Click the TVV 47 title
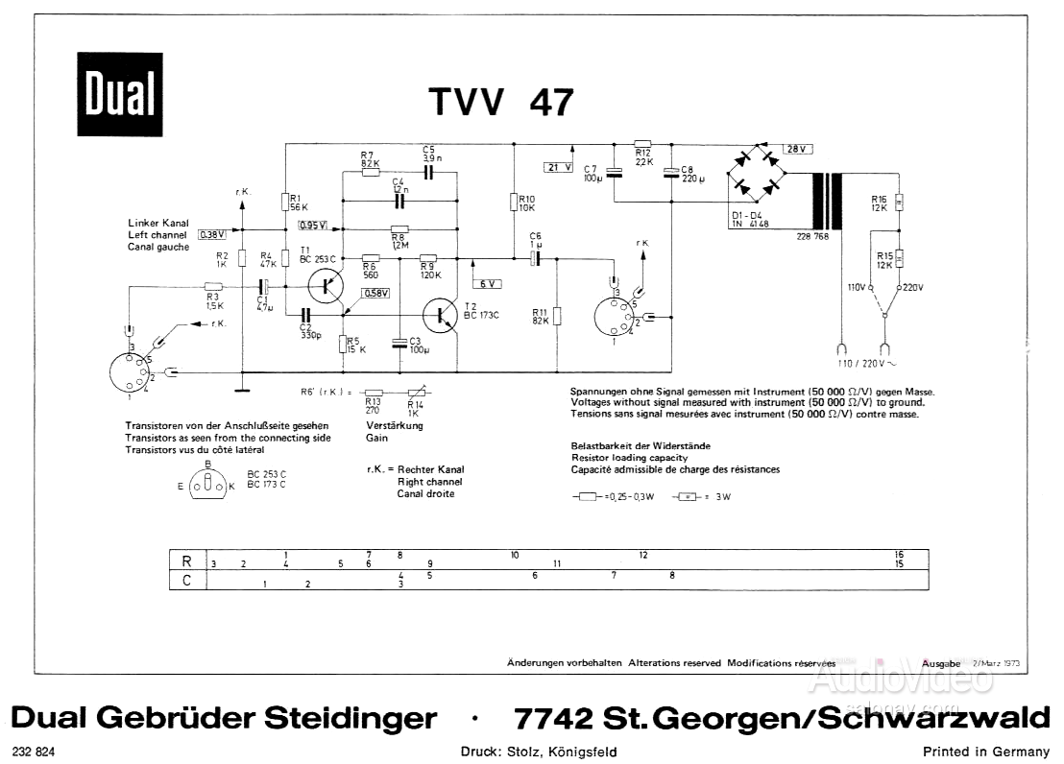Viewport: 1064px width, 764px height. click(x=501, y=101)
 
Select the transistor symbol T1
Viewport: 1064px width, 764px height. click(x=329, y=285)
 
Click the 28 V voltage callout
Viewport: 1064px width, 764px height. click(x=797, y=149)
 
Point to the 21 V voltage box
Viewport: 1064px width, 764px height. click(x=557, y=167)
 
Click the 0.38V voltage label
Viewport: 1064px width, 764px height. click(x=211, y=233)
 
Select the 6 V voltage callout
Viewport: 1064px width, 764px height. click(x=488, y=284)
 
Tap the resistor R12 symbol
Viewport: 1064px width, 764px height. click(x=642, y=143)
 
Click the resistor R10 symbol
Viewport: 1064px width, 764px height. click(x=514, y=202)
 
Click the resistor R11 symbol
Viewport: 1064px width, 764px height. click(x=558, y=317)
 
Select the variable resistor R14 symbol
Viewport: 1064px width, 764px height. click(x=415, y=393)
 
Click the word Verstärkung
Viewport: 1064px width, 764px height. click(x=395, y=425)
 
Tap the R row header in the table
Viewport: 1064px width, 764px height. click(x=186, y=560)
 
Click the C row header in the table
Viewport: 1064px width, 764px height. click(x=186, y=579)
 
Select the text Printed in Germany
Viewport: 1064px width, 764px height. click(x=985, y=752)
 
